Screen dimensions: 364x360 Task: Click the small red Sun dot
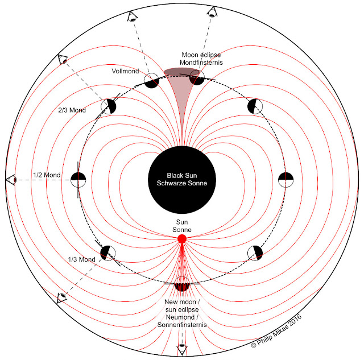pyautogui.click(x=182, y=239)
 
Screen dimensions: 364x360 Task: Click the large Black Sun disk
pyautogui.click(x=182, y=180)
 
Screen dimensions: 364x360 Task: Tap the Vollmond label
pyautogui.click(x=125, y=71)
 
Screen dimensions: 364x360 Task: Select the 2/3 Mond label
pyautogui.click(x=72, y=110)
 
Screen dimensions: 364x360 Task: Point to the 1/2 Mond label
pyautogui.click(x=47, y=175)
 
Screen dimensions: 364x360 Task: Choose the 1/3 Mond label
pyautogui.click(x=82, y=259)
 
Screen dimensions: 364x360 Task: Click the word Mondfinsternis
pyautogui.click(x=201, y=63)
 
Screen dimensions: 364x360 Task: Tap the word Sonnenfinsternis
pyautogui.click(x=182, y=325)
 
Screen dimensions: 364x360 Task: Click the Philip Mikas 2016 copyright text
pyautogui.click(x=276, y=331)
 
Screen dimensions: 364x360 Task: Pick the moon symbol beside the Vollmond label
pyautogui.click(x=152, y=81)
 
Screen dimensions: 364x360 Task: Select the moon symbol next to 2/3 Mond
pyautogui.click(x=109, y=106)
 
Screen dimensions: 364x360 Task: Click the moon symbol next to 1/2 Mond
pyautogui.click(x=78, y=180)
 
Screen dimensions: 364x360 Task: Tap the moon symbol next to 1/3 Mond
pyautogui.click(x=107, y=253)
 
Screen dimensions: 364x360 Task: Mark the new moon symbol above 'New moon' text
pyautogui.click(x=182, y=284)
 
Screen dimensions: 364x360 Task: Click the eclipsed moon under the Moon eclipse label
pyautogui.click(x=197, y=77)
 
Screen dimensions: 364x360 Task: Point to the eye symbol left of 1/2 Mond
pyautogui.click(x=11, y=180)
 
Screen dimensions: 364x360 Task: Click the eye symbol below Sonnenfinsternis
pyautogui.click(x=182, y=348)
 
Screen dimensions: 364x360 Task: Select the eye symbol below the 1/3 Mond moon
pyautogui.click(x=62, y=297)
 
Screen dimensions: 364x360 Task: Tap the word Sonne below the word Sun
pyautogui.click(x=182, y=230)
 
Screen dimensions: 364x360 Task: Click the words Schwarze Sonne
pyautogui.click(x=182, y=183)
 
